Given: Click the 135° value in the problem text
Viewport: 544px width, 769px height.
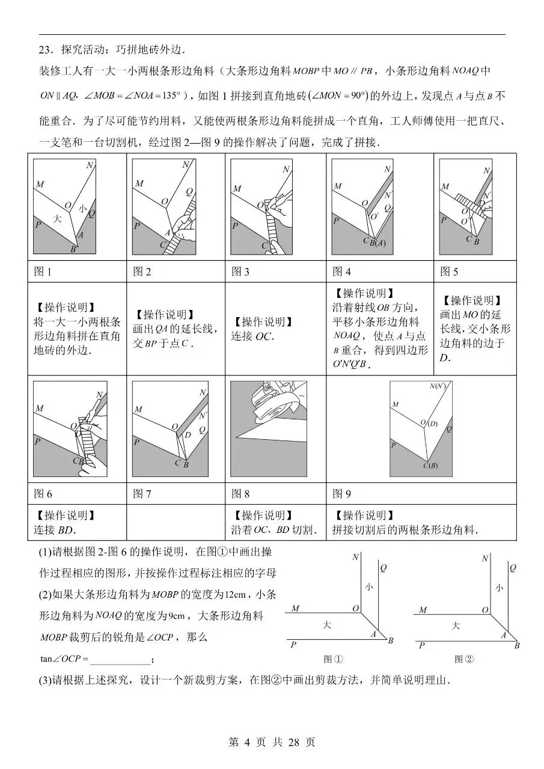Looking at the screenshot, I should (171, 96).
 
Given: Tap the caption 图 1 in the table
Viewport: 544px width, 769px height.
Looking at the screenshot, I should (43, 272).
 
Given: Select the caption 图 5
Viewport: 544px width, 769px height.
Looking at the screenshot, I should (449, 272).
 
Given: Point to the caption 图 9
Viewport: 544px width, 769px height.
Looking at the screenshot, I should (341, 494).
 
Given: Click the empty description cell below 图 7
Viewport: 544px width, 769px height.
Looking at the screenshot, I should (176, 523).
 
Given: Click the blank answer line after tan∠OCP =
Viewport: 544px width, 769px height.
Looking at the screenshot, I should (120, 659).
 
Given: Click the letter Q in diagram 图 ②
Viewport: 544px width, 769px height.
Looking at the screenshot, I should (512, 567).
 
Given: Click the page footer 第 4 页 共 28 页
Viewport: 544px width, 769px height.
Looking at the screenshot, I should (272, 742).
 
